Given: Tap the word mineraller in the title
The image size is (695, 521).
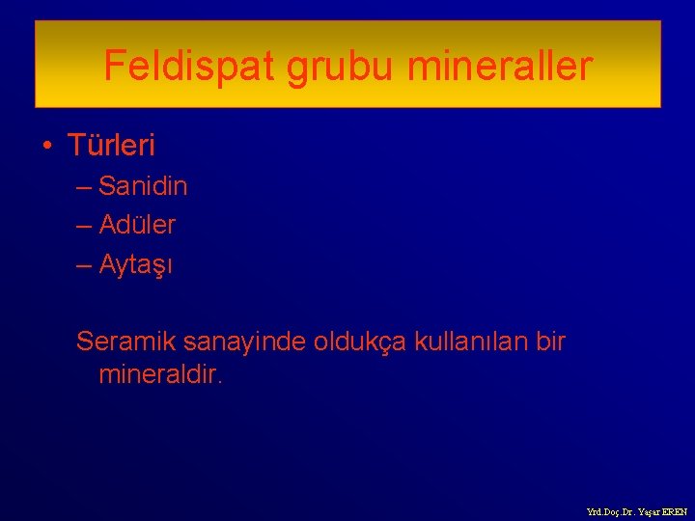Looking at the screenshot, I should point(500,66).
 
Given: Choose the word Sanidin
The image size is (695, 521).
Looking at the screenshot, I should point(143,186).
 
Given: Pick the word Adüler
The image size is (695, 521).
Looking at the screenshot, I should point(137,225).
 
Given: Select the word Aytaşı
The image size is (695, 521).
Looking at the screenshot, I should point(135,264).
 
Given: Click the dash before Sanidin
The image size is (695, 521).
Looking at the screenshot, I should point(85,186).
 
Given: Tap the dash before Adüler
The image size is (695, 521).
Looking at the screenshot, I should point(85,225).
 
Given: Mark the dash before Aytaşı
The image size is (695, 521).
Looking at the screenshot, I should point(85,264).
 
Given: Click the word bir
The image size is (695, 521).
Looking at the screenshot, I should point(550,342).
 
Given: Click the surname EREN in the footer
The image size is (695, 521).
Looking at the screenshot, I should point(675,512).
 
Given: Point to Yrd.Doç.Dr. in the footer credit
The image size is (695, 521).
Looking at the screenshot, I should point(608,512).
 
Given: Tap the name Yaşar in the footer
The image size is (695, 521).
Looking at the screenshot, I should point(648,512).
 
